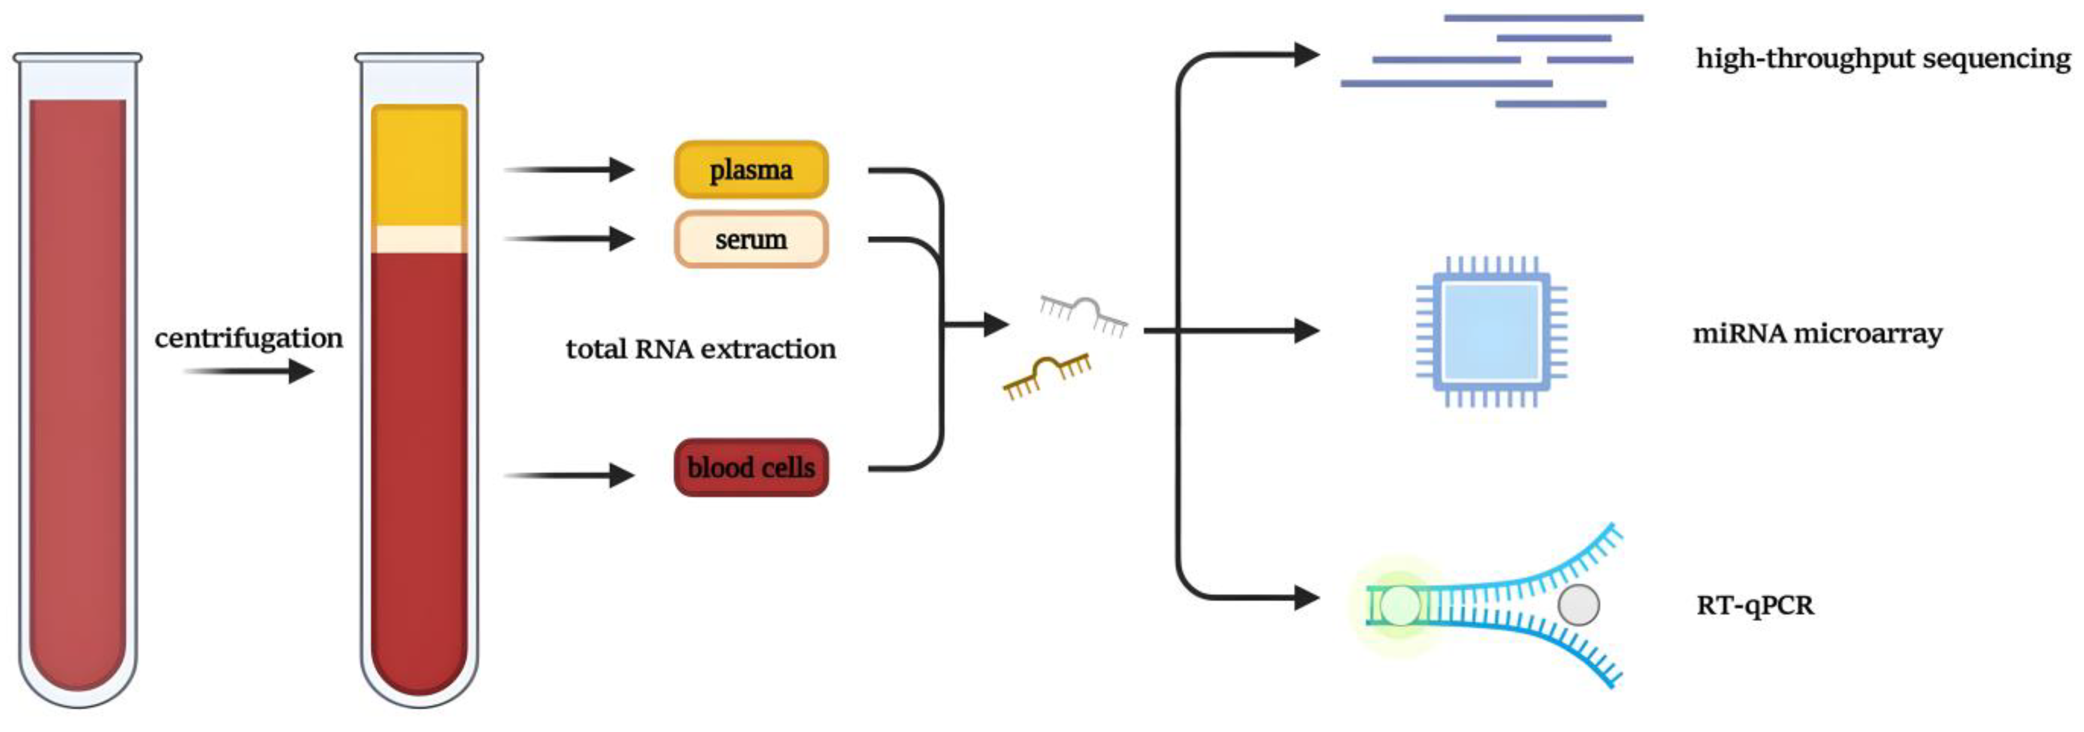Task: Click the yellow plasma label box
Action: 751,170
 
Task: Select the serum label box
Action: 751,240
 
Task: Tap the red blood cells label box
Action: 751,468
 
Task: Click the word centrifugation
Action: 248,338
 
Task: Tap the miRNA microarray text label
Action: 1817,333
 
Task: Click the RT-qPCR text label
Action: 1754,605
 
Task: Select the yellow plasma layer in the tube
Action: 419,166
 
